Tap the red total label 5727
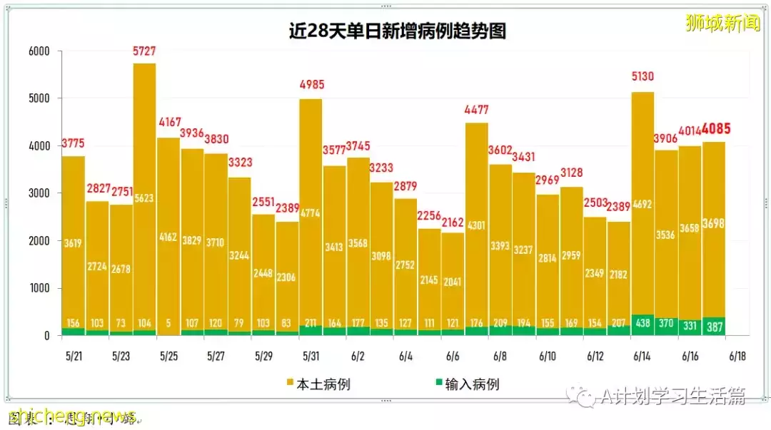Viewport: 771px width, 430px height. pos(144,51)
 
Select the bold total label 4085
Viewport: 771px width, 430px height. pos(715,130)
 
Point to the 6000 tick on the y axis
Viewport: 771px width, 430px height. pos(39,51)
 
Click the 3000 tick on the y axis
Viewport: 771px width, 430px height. pos(39,193)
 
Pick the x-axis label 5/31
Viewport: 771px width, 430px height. pos(311,356)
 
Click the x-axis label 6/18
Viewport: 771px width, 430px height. pos(737,356)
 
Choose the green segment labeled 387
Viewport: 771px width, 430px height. pos(714,326)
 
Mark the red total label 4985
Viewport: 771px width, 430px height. pos(311,85)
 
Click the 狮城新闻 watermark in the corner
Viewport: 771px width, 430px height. pos(722,23)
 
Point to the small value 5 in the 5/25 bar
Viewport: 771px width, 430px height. pos(168,323)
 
